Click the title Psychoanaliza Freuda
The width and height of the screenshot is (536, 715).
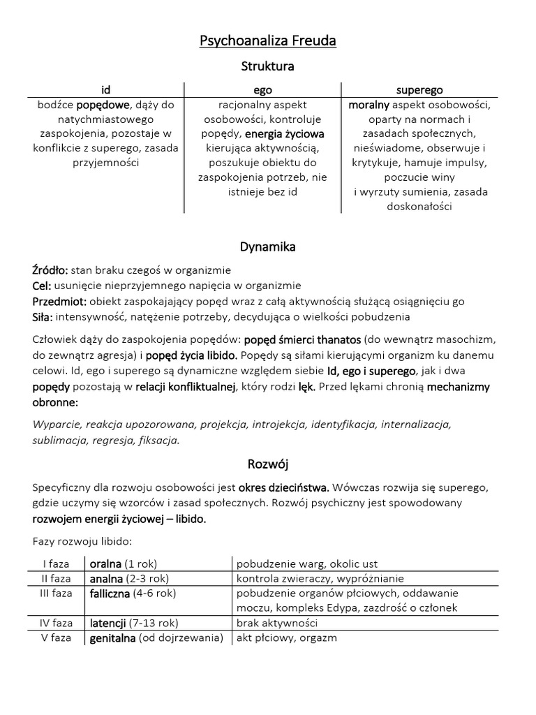pos(268,41)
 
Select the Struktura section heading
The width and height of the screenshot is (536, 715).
pos(267,66)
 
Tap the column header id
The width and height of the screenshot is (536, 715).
pos(105,90)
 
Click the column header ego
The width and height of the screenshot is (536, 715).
pos(262,90)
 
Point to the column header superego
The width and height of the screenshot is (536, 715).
pos(419,90)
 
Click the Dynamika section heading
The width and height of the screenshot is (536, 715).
pos(267,246)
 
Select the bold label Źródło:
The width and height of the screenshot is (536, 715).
pos(50,270)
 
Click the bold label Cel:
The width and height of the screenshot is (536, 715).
pos(43,286)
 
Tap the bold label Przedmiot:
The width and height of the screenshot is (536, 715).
pos(59,301)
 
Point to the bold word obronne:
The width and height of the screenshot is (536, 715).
pos(55,402)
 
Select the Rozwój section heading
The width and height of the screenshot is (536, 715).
pos(267,464)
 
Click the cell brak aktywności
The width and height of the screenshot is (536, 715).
pos(277,623)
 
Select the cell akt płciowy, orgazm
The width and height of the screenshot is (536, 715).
pos(286,638)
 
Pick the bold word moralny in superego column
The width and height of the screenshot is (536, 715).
pos(368,105)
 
